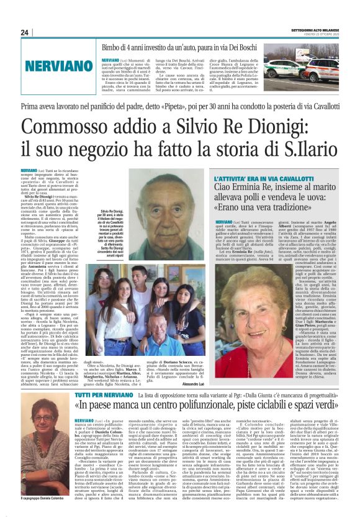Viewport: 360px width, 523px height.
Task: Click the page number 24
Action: click(x=25, y=32)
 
